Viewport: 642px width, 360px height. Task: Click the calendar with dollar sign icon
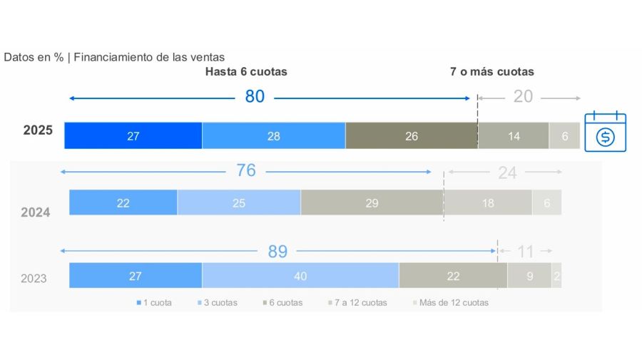605,132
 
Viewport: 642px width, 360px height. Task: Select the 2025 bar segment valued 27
133,136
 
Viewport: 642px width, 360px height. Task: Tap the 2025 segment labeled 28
274,136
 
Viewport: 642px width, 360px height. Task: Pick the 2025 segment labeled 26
412,136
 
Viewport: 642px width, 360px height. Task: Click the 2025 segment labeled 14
514,136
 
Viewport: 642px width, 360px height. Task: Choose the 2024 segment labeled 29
372,203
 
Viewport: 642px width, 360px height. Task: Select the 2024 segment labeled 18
488,203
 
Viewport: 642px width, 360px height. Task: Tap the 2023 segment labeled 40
300,276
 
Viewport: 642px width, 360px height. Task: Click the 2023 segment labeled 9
529,276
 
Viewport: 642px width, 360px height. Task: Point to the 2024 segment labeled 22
123,203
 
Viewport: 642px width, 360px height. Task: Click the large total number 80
255,97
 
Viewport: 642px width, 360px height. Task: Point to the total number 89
277,251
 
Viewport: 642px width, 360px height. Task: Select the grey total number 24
507,173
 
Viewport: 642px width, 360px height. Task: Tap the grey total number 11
526,251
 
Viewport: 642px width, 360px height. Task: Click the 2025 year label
37,131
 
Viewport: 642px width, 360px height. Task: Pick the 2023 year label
34,278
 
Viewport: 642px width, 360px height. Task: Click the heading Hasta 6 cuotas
246,72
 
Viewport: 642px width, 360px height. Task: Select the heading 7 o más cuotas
492,72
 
